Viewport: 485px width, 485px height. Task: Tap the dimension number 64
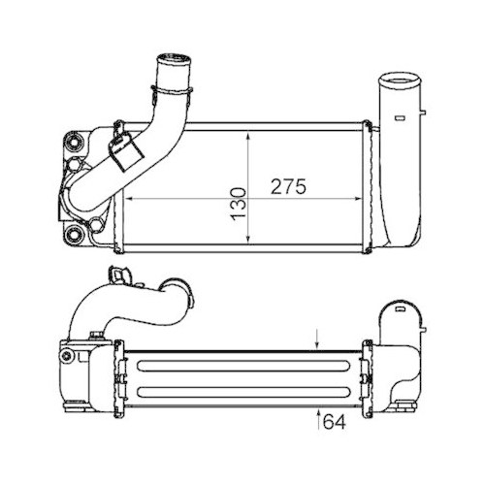334,423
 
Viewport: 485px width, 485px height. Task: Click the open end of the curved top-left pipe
172,68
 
